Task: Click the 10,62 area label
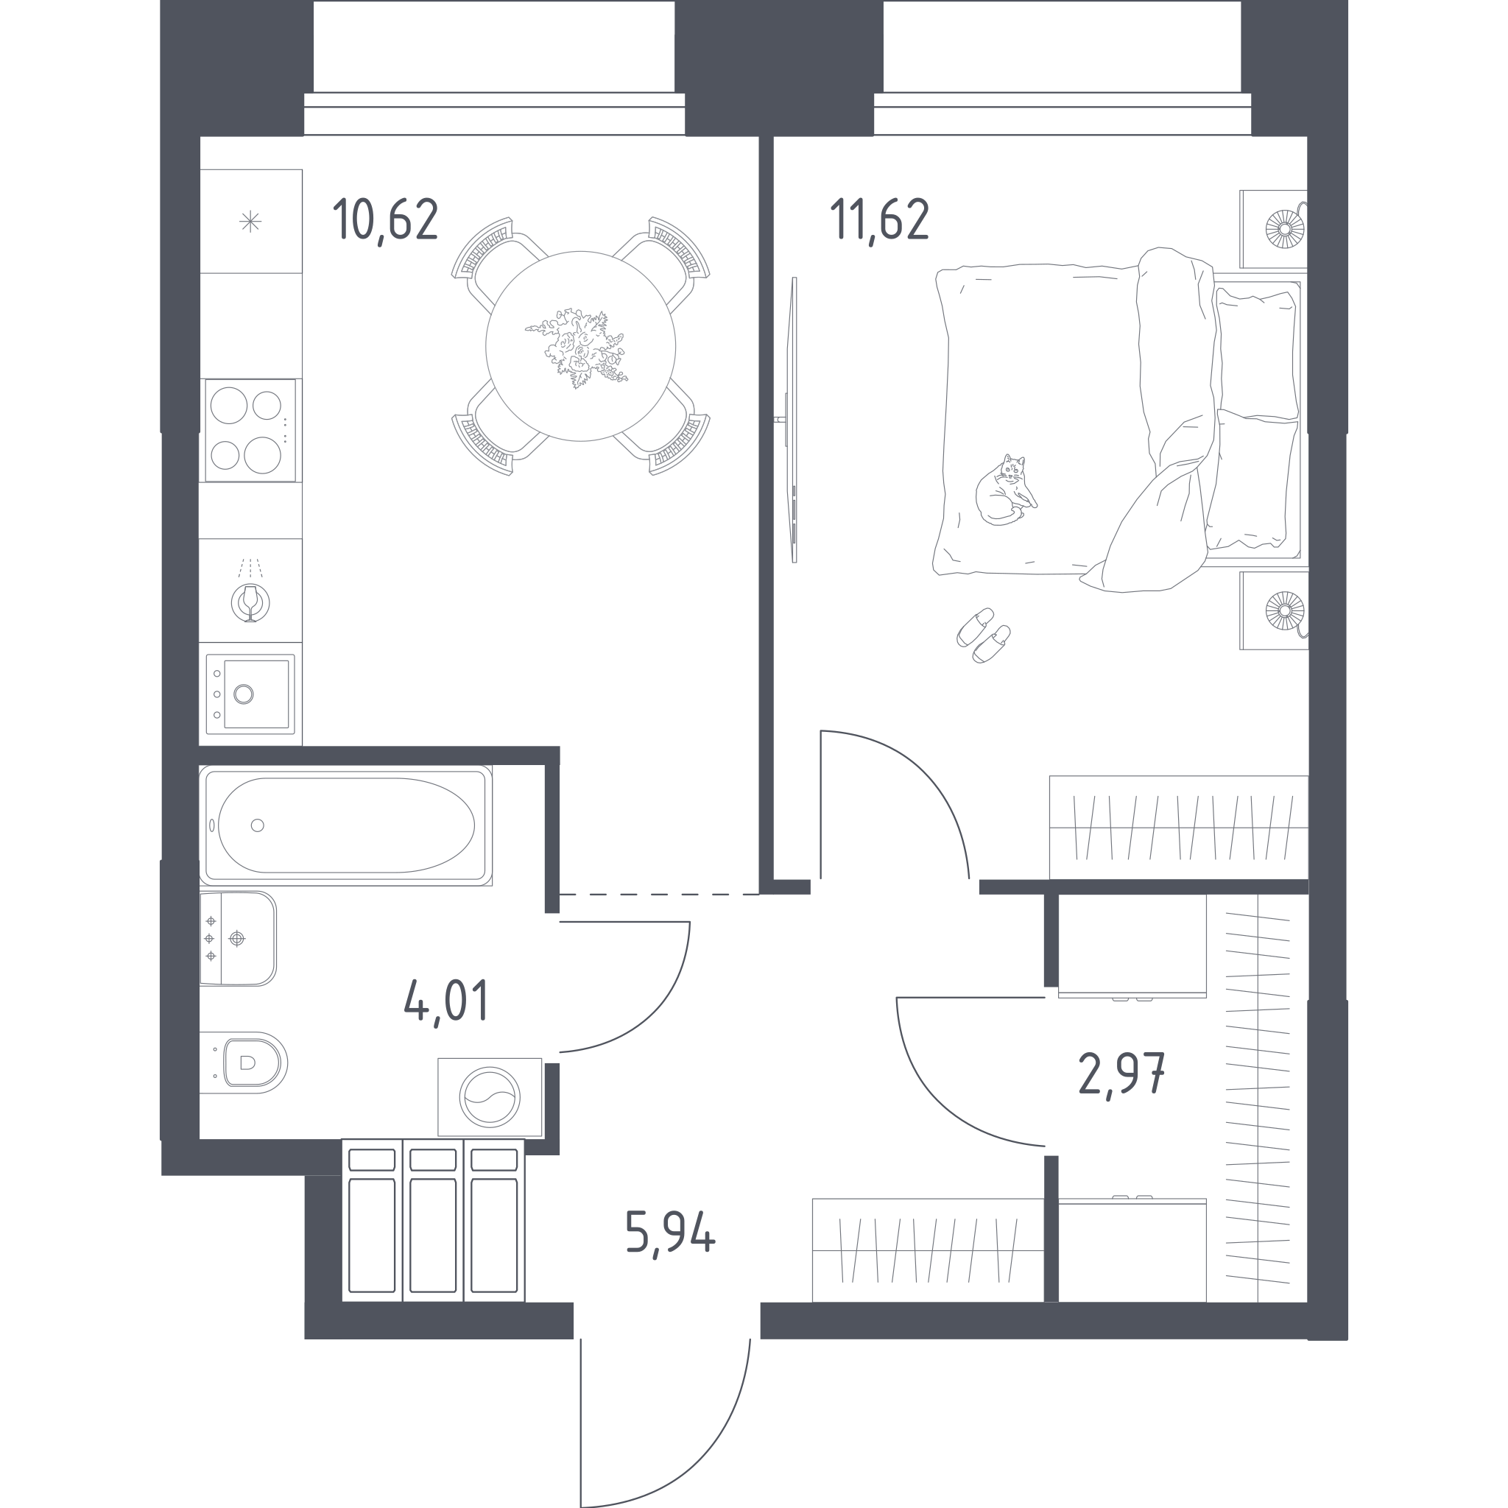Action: pos(385,221)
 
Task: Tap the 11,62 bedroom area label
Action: pos(880,220)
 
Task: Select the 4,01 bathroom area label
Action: pos(446,1001)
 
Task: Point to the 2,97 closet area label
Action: pos(1121,1076)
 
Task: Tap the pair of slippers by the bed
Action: pos(984,635)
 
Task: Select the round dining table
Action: pos(581,346)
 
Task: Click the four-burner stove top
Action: pos(250,430)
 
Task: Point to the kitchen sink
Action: pos(250,694)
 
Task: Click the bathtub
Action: pos(346,825)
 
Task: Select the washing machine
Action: pos(490,1096)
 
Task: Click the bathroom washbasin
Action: pos(237,938)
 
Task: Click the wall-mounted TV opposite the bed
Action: pos(793,420)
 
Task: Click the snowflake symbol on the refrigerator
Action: pos(250,222)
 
